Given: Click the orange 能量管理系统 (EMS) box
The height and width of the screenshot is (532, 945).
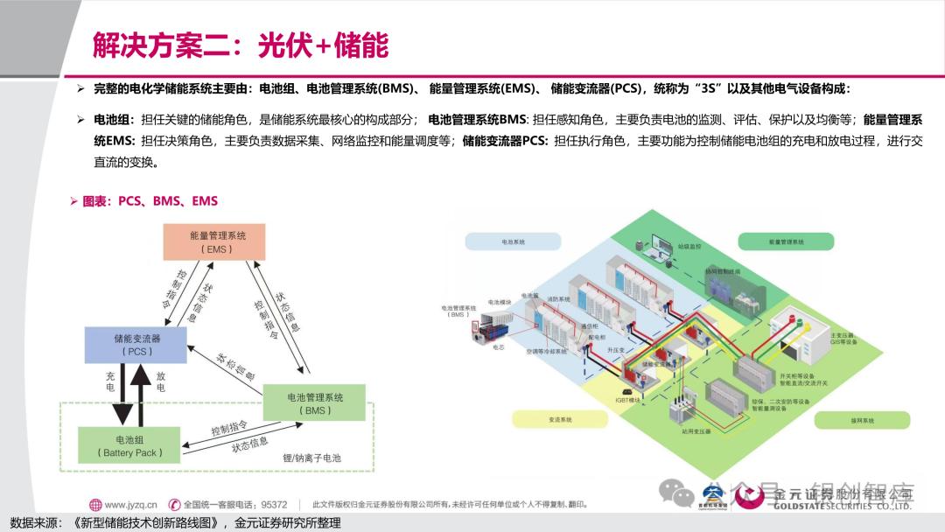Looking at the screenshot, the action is (x=217, y=241).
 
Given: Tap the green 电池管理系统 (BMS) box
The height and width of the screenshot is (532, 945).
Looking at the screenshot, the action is (x=314, y=403).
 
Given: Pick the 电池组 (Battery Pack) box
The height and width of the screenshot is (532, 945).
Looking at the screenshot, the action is (x=129, y=445).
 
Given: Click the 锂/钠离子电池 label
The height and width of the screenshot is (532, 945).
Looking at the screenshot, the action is (x=311, y=458).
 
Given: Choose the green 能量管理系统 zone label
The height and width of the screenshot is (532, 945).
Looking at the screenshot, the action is (x=787, y=241).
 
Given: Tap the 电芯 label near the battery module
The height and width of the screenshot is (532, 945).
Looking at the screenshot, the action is (x=500, y=346).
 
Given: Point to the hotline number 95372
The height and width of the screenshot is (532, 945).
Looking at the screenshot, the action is (x=274, y=504).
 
